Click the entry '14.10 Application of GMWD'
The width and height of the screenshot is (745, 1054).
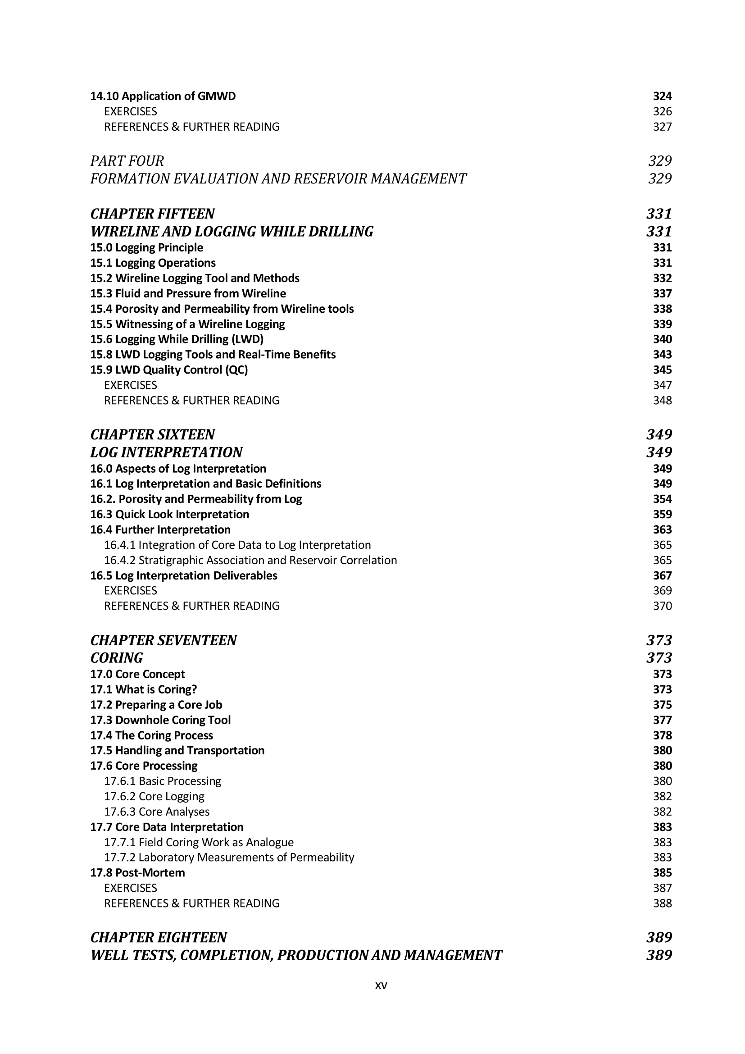click(163, 96)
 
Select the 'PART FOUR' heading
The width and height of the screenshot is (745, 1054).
click(127, 161)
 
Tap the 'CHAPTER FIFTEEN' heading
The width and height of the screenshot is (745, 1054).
click(153, 214)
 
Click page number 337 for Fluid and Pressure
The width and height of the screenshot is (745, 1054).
click(662, 293)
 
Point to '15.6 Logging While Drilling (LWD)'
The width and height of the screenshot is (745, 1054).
click(177, 339)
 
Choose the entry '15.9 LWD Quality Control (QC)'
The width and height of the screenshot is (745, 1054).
click(169, 370)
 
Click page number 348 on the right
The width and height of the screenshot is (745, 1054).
click(662, 400)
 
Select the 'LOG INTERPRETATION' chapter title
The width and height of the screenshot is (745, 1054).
click(167, 452)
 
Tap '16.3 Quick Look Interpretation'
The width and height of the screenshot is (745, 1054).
click(170, 514)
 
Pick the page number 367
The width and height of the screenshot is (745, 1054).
click(662, 575)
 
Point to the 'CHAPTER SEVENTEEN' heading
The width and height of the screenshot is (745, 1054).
click(164, 640)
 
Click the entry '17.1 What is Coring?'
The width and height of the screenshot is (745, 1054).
click(144, 689)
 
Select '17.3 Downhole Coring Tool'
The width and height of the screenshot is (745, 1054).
click(160, 720)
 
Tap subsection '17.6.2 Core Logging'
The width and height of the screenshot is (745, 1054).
click(154, 796)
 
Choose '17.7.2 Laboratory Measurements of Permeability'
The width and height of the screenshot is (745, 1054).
click(229, 857)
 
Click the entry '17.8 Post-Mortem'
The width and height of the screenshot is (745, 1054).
click(138, 872)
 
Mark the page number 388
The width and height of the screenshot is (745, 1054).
click(662, 903)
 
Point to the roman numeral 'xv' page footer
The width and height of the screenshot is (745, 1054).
click(381, 985)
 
